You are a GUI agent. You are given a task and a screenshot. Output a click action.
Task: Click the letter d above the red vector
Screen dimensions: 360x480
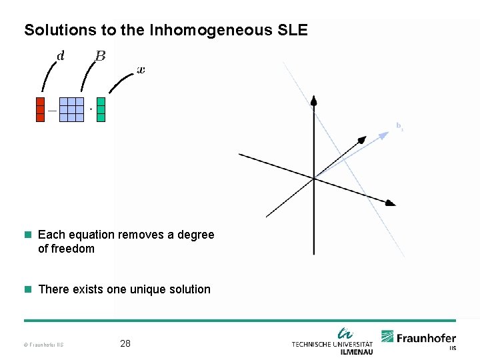tap(61, 56)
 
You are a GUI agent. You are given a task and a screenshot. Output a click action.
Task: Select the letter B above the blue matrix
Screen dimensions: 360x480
tap(100, 56)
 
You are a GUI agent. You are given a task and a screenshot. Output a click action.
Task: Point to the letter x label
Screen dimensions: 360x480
tap(141, 69)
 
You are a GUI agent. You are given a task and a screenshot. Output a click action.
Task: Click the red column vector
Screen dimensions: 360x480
tap(40, 109)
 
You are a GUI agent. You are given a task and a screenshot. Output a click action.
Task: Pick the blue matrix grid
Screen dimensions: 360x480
tap(71, 109)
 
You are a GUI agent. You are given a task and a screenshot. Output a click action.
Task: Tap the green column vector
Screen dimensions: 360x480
tap(101, 109)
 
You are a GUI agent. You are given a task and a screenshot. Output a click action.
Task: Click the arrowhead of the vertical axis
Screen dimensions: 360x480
tap(313, 101)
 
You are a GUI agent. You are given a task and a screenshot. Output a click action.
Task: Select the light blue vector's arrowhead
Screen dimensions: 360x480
tap(384, 135)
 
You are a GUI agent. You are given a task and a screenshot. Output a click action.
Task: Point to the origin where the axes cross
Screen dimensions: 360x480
tap(313, 178)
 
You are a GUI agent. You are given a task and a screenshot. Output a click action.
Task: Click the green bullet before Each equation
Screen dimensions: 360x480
tap(27, 235)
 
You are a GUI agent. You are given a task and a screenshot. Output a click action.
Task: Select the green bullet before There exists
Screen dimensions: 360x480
tap(27, 289)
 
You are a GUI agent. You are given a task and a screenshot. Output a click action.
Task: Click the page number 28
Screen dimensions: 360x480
tap(125, 344)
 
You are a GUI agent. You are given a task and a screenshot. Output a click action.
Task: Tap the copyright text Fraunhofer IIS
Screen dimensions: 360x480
tap(43, 345)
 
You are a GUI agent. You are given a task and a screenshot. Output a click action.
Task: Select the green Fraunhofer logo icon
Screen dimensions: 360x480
tap(387, 337)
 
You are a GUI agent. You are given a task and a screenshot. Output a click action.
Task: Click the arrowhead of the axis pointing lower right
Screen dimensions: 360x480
tap(391, 203)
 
